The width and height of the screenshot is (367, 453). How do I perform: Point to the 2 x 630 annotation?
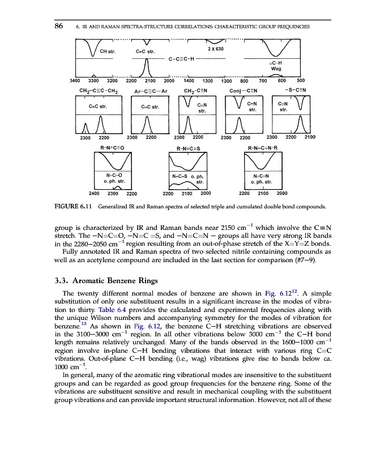(x=215, y=49)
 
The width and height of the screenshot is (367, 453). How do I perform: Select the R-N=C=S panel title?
(x=188, y=147)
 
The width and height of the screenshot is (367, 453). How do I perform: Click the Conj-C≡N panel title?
(x=244, y=90)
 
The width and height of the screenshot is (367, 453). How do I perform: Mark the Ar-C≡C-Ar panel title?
(x=149, y=90)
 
